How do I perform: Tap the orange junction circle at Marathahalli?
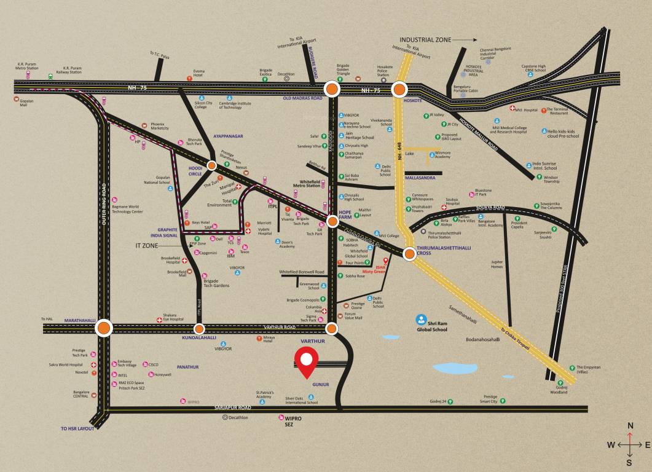(104, 329)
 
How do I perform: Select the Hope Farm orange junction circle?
(332, 221)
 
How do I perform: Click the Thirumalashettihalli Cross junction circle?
(410, 253)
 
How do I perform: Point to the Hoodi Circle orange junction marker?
(211, 165)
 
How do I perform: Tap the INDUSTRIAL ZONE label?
(425, 40)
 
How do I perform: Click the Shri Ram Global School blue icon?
(421, 320)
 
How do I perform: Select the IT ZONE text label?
(147, 245)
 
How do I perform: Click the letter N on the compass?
(630, 425)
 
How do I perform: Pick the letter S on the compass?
(629, 462)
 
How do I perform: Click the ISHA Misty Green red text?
(377, 269)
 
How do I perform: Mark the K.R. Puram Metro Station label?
(28, 66)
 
